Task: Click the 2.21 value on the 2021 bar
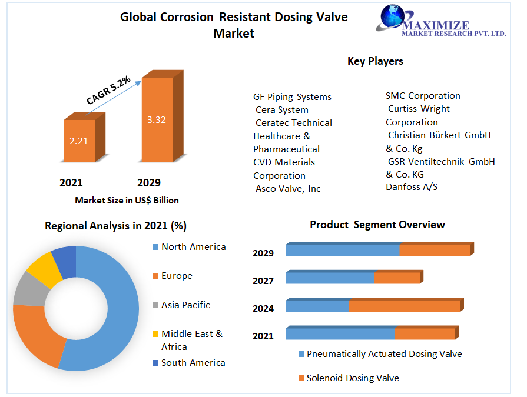[x=79, y=141]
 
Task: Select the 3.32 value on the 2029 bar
[x=157, y=119]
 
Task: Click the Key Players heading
[x=375, y=61]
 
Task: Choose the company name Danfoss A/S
[x=412, y=187]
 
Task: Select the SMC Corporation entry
[x=423, y=95]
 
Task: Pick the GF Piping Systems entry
[x=292, y=97]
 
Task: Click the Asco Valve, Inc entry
[x=288, y=188]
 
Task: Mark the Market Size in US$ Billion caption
[x=127, y=200]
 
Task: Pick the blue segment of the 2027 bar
[x=330, y=278]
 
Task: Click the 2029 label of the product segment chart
[x=263, y=253]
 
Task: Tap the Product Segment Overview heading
[x=377, y=225]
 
